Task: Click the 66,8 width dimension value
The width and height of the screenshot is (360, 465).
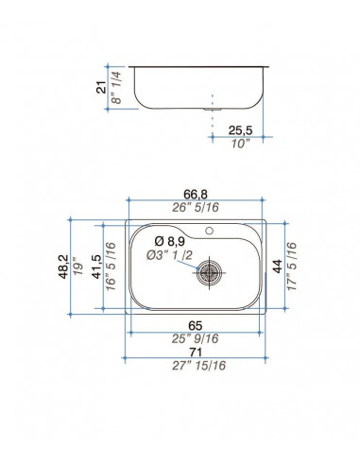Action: click(x=196, y=194)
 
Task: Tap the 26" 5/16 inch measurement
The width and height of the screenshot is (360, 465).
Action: click(x=196, y=207)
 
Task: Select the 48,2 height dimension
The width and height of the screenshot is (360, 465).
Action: click(x=63, y=267)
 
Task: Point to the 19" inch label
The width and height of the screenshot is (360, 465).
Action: click(x=77, y=267)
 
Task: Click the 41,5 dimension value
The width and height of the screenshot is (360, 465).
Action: click(x=96, y=267)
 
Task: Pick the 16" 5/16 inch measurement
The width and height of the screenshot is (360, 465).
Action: click(x=111, y=267)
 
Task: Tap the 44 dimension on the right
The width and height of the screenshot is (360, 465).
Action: click(x=278, y=267)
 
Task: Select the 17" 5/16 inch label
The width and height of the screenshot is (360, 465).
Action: click(x=292, y=267)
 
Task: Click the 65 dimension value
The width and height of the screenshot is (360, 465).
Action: click(x=196, y=325)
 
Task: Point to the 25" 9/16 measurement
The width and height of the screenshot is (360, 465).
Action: click(x=195, y=338)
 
